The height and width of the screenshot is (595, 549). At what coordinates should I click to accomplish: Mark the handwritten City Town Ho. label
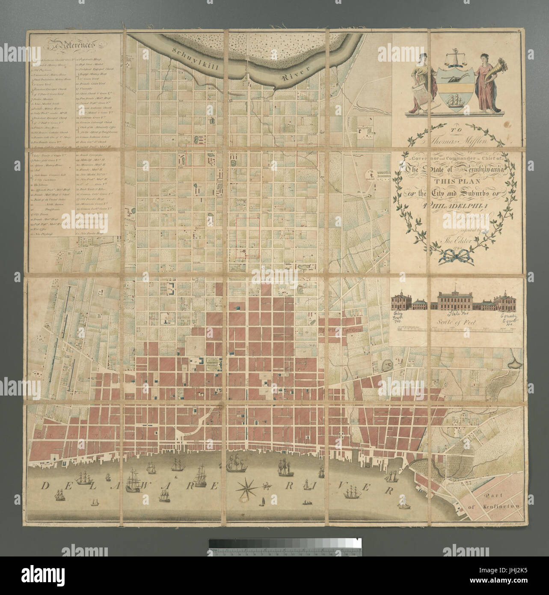(x=399, y=319)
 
